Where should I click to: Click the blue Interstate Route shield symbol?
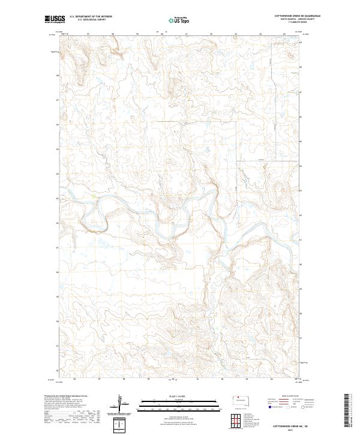(269, 407)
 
